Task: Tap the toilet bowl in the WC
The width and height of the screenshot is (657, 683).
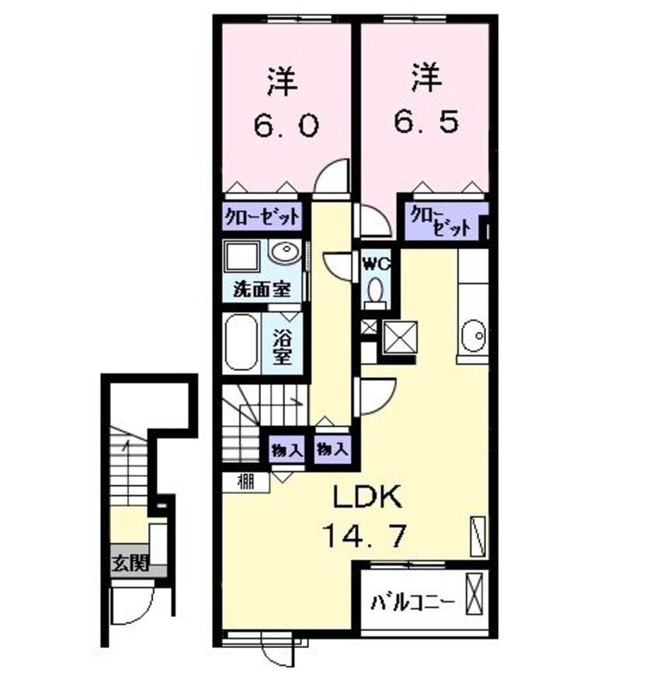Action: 377,289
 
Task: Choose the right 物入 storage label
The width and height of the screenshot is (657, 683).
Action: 331,449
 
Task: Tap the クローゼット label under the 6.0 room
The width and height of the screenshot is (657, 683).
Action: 262,217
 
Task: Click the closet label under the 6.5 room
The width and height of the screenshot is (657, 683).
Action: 440,221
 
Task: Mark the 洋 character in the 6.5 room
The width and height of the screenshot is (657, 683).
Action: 426,78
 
